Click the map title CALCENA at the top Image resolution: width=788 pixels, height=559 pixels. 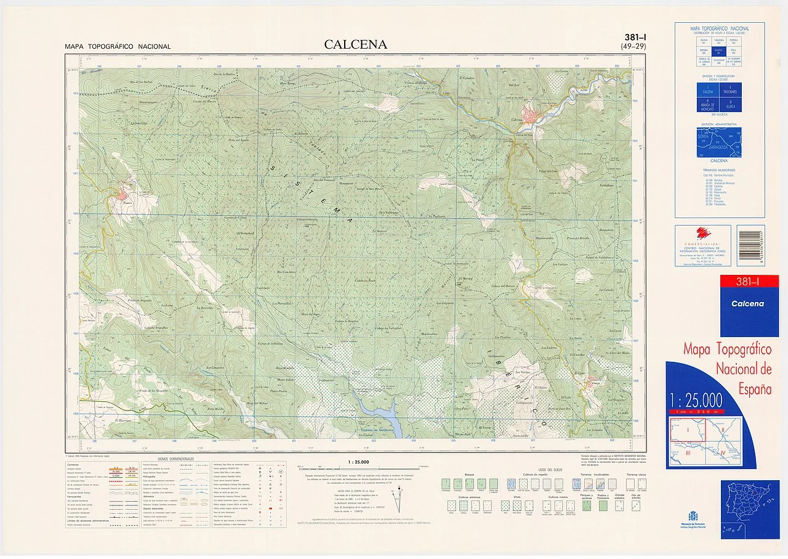356,44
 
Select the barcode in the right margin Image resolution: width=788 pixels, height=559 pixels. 750,245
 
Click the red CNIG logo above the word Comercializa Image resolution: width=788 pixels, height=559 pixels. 702,232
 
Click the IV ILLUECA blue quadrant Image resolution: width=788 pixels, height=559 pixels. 731,105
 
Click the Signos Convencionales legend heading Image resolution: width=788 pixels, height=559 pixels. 175,459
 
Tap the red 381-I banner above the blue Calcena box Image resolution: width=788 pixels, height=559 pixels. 750,282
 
